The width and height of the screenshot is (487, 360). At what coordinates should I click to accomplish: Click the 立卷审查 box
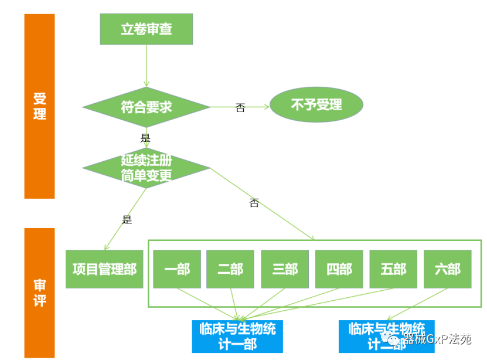click(146, 29)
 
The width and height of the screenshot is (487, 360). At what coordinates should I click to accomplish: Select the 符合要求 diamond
click(146, 107)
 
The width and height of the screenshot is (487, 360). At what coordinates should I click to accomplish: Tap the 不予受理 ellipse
click(316, 106)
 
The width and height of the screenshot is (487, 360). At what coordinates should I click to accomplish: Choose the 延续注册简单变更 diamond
click(146, 168)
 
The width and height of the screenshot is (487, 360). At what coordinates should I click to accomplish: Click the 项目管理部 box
click(104, 269)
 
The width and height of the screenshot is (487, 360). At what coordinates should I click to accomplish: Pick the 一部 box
click(177, 269)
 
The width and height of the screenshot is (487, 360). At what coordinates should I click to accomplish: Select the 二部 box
click(230, 269)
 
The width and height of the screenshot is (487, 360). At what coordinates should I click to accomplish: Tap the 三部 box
click(285, 269)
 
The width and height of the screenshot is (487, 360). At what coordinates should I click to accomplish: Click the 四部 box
click(339, 269)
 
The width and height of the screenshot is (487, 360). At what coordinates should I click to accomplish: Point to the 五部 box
click(393, 269)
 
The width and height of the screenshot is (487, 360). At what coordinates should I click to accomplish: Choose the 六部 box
click(447, 269)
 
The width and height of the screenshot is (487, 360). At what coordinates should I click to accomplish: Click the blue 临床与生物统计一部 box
click(237, 336)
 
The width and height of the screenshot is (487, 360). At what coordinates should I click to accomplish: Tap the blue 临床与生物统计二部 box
click(386, 336)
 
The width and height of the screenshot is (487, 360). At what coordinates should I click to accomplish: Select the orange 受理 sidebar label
click(39, 106)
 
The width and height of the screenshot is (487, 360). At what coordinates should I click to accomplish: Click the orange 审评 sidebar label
click(39, 293)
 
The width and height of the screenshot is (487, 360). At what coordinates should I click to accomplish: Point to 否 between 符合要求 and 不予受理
click(240, 108)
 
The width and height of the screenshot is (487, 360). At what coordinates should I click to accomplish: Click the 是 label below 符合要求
click(145, 138)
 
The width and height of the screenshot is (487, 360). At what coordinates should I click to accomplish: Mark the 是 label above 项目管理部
click(127, 220)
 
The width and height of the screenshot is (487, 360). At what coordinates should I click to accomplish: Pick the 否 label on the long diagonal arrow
click(254, 203)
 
